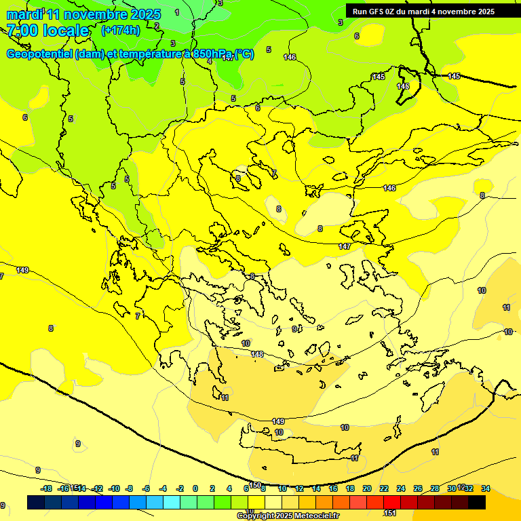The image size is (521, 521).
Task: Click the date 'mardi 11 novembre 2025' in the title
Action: click(x=83, y=14)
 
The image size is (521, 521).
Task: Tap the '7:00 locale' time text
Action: click(x=47, y=31)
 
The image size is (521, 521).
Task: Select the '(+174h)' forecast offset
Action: click(x=120, y=31)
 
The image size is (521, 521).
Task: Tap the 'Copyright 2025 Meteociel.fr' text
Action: click(x=288, y=516)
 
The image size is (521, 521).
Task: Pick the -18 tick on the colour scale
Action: click(x=46, y=488)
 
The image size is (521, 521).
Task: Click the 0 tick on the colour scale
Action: click(x=195, y=488)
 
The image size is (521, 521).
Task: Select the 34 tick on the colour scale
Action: click(x=485, y=488)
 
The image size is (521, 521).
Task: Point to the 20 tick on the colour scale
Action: click(x=367, y=488)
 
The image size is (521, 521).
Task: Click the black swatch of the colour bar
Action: click(x=477, y=502)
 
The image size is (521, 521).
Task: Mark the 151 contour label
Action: click(x=391, y=513)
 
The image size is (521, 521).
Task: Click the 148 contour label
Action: click(x=257, y=354)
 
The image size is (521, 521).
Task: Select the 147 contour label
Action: click(x=345, y=246)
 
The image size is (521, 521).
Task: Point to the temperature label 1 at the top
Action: click(x=177, y=12)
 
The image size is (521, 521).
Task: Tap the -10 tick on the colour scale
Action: click(x=114, y=488)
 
